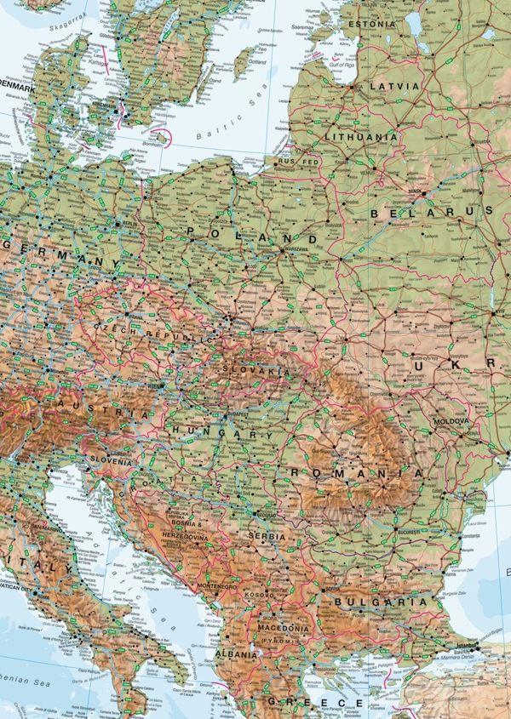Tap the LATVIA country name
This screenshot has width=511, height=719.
click(393, 87)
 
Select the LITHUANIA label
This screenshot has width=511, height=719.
click(361, 136)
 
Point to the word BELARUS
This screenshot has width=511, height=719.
click(433, 211)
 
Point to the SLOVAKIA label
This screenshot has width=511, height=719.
click(253, 372)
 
